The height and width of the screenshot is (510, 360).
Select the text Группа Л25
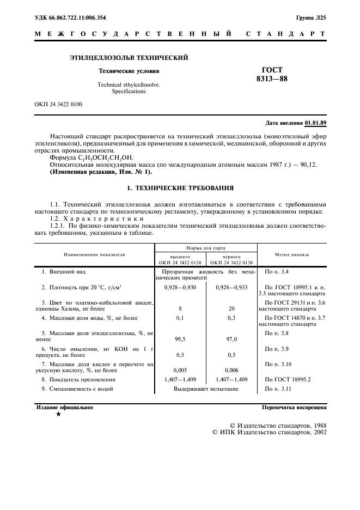(x=311, y=18)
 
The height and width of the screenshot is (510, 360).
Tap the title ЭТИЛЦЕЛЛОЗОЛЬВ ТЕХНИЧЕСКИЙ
(x=129, y=57)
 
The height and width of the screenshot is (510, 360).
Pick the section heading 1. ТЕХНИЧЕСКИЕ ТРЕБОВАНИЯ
(x=180, y=188)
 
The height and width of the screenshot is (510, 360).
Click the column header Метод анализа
(x=291, y=254)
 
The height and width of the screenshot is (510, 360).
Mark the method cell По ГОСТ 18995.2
(x=287, y=379)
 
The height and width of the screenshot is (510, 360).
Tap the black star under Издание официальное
(x=58, y=415)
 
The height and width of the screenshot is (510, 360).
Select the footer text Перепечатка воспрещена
(x=294, y=407)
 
